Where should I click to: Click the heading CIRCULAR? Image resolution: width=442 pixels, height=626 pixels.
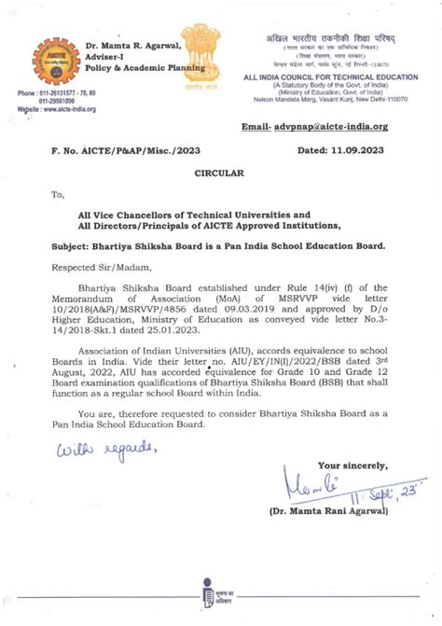point(219,174)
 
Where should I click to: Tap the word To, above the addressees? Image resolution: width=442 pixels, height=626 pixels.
point(59,195)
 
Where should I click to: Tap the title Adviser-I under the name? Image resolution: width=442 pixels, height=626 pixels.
point(105,57)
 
